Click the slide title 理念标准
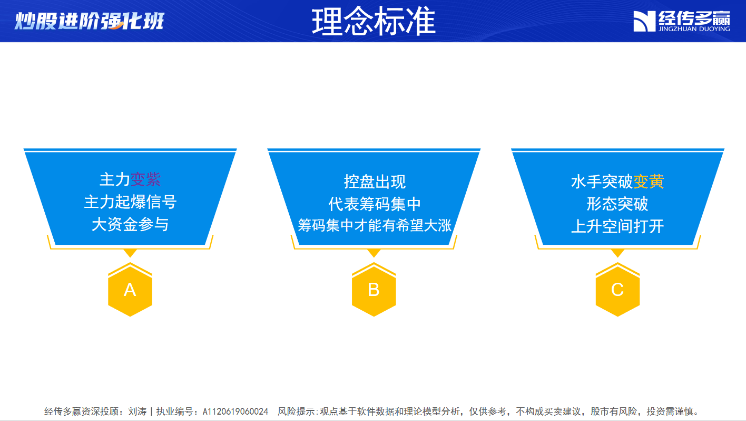coord(374,22)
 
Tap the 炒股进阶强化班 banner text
coord(89,21)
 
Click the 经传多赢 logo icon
coord(644,21)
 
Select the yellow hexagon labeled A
coord(130,289)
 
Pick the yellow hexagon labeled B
coord(374,289)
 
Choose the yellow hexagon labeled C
coord(617,289)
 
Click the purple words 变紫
coord(145,179)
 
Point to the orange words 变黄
coord(649,182)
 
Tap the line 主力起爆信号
coord(130,202)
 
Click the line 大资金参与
coord(130,224)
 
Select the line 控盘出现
coord(375,182)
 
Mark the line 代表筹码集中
coord(375,204)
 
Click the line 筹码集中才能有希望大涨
coord(375,225)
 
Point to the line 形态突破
coord(617,204)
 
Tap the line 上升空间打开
coord(617,226)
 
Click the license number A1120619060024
coord(235,412)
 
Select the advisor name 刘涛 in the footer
coord(138,412)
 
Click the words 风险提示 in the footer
coord(296,412)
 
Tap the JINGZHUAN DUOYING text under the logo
coord(694,29)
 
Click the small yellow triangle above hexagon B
coord(374,253)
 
